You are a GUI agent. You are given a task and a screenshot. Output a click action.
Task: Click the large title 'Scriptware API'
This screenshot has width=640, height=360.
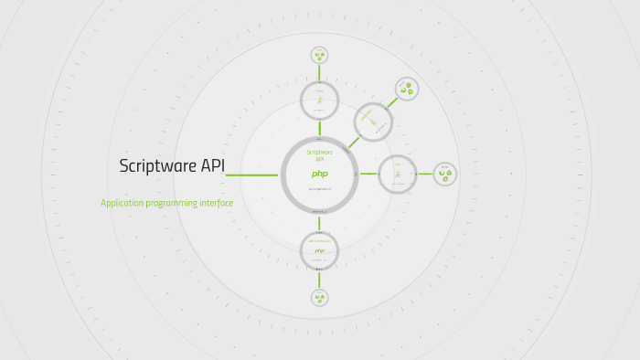172,166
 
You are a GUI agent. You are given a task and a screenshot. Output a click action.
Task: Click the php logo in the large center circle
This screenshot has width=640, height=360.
319,174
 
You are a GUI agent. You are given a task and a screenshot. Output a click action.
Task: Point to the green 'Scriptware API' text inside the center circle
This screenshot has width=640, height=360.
320,155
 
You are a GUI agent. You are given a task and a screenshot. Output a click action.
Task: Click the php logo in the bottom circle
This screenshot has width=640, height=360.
319,250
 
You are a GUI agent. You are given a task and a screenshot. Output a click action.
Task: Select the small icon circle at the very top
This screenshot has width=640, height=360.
319,55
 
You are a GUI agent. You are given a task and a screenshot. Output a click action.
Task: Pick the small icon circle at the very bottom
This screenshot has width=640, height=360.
319,297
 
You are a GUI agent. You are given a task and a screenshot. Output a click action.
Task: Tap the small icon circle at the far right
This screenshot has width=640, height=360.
444,174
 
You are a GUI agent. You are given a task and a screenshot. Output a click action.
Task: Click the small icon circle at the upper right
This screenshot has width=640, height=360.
407,89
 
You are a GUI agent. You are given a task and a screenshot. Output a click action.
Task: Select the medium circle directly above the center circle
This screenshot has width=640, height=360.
319,100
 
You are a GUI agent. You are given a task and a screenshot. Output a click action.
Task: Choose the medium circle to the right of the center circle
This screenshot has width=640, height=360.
397,174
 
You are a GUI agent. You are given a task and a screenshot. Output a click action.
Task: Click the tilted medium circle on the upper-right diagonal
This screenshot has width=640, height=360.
373,122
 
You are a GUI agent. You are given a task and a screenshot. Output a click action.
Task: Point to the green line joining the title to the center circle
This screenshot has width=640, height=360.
252,175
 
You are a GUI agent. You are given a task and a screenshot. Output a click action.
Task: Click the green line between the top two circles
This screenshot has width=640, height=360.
319,72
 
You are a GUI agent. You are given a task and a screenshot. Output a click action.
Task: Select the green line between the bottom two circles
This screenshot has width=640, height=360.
319,279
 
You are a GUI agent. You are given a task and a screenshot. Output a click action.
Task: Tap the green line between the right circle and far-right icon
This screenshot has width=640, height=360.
425,174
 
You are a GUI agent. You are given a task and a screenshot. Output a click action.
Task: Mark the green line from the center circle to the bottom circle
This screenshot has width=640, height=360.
319,222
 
